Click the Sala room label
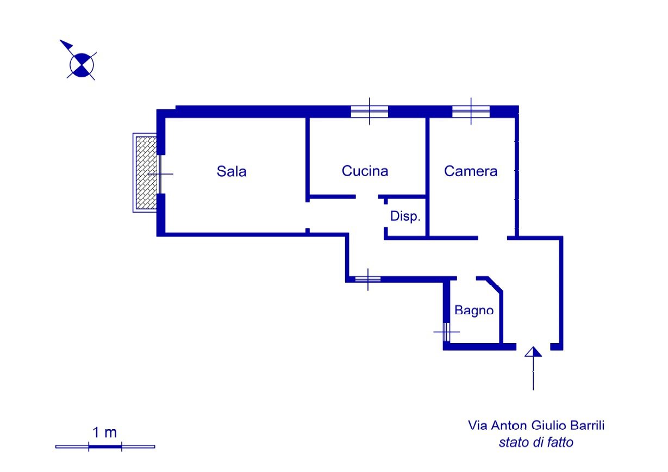[232, 171]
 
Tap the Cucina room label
[365, 171]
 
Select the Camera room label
[471, 171]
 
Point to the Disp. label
[405, 216]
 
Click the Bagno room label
[474, 310]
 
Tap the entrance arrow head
[533, 352]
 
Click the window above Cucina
[370, 111]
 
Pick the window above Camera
[471, 111]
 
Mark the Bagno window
[446, 331]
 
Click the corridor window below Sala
[368, 280]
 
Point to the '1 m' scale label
[105, 433]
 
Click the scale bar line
[105, 446]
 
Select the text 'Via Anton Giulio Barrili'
[536, 425]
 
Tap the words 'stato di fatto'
[536, 443]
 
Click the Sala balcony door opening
[161, 173]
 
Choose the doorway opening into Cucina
[367, 196]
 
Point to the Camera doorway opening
[492, 238]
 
